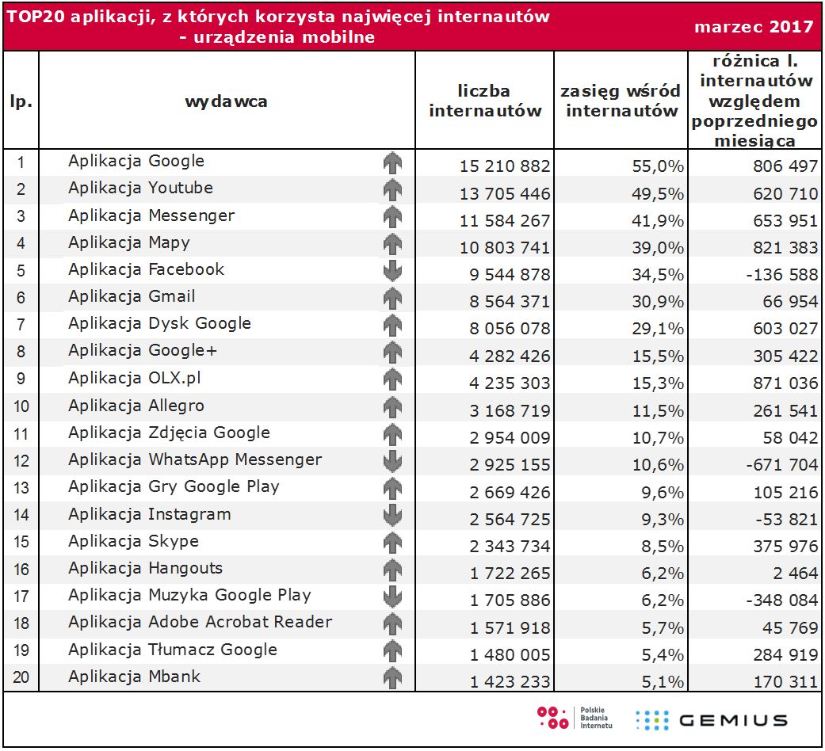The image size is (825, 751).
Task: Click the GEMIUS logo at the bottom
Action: point(711,720)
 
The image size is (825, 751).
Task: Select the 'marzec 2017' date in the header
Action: point(754,27)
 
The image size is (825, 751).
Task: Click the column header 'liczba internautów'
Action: point(485,101)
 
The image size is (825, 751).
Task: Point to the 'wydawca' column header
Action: point(226,101)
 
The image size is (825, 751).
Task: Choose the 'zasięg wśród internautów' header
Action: point(622,101)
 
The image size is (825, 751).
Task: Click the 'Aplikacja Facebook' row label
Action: point(147,269)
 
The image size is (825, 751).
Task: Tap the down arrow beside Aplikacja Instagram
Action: point(392,515)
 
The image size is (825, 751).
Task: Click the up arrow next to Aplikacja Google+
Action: point(392,353)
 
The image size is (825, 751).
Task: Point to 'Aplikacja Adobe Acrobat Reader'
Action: point(200,623)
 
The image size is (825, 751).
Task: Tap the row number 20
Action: point(21,678)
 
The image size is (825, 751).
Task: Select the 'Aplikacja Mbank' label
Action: point(134,677)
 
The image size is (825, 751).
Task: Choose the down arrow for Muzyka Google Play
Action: point(392,596)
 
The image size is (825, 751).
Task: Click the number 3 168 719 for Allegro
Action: point(510,411)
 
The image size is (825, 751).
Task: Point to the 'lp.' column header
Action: point(21,101)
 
